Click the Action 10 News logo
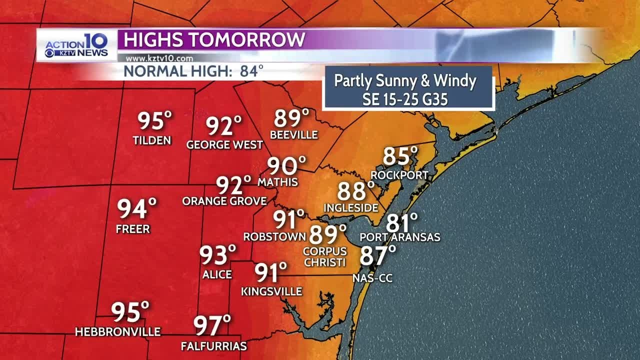[x=76, y=45]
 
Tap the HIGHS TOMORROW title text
[x=214, y=39]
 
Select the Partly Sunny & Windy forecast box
[x=408, y=89]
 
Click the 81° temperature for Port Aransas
[x=401, y=223]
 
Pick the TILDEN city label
[x=152, y=140]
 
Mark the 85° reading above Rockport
[x=399, y=157]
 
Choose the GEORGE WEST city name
[x=224, y=145]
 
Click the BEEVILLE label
[x=294, y=135]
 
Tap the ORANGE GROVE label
[x=224, y=201]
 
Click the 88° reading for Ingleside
[x=355, y=191]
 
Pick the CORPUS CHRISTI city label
[x=324, y=257]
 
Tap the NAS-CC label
[x=372, y=278]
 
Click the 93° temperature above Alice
[x=217, y=255]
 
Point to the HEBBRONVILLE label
[x=117, y=331]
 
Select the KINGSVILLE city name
[x=271, y=291]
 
